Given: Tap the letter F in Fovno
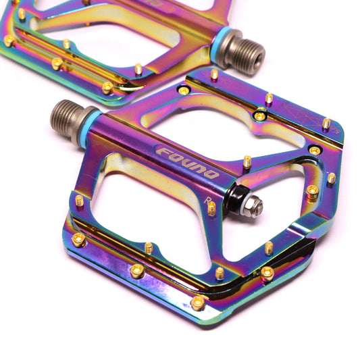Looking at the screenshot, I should click(163, 151).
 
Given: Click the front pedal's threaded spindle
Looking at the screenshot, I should click(66, 114).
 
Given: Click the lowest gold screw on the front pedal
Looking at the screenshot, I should click(197, 303).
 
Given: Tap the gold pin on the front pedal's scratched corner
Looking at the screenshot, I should click(327, 124).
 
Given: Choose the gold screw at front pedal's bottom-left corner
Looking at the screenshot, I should click(79, 239).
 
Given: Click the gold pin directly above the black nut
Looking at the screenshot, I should click(247, 161).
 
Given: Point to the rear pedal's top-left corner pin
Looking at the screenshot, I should click(22, 14).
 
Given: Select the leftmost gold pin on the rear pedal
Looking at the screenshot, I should click(9, 41).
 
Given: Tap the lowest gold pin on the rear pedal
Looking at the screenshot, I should click(107, 86).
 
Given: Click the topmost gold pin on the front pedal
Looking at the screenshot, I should click(214, 74).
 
